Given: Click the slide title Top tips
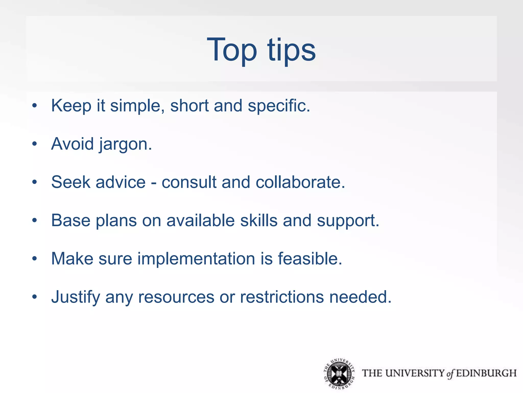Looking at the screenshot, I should click(261, 50).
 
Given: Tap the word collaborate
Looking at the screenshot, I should click(300, 182).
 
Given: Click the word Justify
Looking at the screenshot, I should click(76, 297).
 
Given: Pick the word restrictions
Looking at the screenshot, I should click(282, 297).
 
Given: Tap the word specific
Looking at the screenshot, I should click(279, 106).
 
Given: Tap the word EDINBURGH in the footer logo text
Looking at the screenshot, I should click(486, 373).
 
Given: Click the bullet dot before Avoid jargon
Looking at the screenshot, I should click(34, 144).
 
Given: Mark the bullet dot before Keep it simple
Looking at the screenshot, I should click(34, 105).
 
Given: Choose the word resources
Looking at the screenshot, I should click(176, 297).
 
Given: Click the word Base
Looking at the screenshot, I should click(71, 220).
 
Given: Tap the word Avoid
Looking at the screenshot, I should click(73, 144).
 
